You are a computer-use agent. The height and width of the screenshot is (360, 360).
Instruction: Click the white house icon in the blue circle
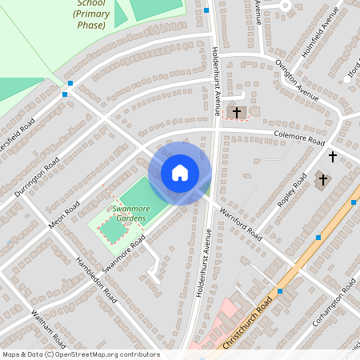(x=179, y=173)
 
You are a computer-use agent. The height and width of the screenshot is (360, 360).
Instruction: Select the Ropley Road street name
(x=294, y=191)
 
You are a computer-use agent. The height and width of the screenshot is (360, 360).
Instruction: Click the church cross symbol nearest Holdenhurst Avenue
(x=236, y=112)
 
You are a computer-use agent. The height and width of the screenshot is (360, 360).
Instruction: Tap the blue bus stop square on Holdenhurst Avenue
(x=206, y=10)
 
